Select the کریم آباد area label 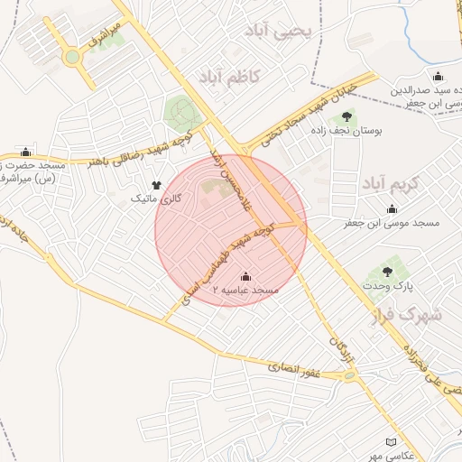pos(392,183)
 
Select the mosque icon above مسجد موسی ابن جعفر pos(392,209)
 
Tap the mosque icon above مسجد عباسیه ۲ pos(246,276)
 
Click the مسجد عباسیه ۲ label pos(246,291)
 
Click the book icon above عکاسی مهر pos(391,442)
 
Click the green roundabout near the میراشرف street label pos(71,58)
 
